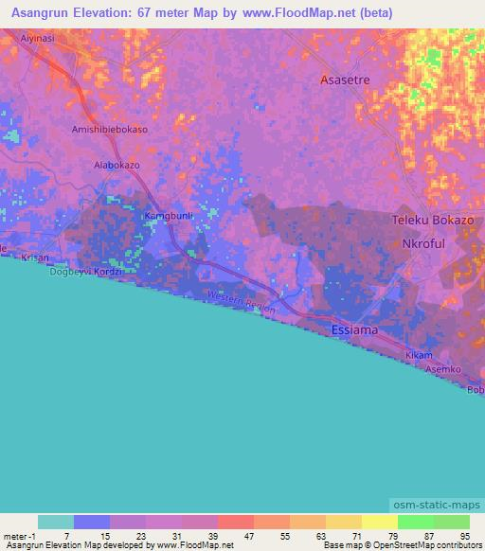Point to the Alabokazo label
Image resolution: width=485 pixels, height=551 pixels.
click(x=117, y=165)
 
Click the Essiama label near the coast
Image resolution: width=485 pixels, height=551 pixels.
click(x=355, y=330)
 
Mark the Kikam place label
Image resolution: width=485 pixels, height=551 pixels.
click(x=419, y=355)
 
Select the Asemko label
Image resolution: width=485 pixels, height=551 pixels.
click(x=442, y=368)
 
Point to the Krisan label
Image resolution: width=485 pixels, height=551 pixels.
click(x=35, y=258)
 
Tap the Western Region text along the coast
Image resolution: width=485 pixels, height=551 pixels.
click(x=241, y=303)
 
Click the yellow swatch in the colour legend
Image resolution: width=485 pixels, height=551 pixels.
click(x=379, y=522)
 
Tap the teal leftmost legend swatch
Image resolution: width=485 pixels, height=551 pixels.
click(x=55, y=522)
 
